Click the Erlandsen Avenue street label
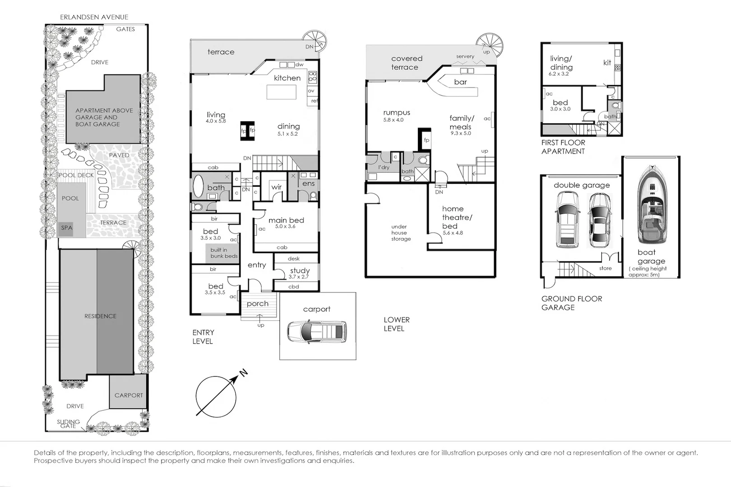pos(94,17)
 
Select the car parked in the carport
pos(317,331)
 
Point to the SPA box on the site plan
pos(67,228)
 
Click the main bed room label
pos(286,220)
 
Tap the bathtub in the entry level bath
pos(198,186)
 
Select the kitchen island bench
pos(282,92)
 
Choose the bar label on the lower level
pos(460,82)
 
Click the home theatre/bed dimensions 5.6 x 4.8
pos(453,233)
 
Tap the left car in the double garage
pos(567,219)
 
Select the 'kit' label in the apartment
pos(607,63)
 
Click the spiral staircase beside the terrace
pos(315,41)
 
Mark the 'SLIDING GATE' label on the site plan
pos(68,423)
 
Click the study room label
pos(300,271)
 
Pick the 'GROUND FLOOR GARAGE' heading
pos(571,303)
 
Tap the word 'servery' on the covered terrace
pos(465,56)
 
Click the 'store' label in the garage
pos(605,268)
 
